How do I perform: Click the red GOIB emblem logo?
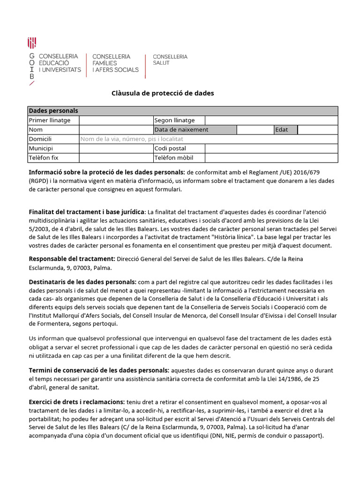tap(32, 43)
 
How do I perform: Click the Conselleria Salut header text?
tap(170, 60)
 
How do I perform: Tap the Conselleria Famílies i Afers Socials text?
tap(115, 63)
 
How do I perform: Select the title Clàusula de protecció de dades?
tap(163, 93)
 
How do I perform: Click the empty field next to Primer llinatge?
tap(116, 120)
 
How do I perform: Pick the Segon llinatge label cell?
tap(179, 120)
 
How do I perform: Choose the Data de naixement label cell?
tap(195, 130)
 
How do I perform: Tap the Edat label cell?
tap(285, 130)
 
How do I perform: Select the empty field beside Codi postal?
tap(271, 149)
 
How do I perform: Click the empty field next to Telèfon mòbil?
tap(271, 158)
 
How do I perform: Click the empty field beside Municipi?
tap(116, 149)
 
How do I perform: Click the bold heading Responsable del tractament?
tap(72, 259)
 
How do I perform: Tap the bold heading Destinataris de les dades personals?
tap(82, 282)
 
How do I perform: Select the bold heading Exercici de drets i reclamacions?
tap(76, 402)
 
